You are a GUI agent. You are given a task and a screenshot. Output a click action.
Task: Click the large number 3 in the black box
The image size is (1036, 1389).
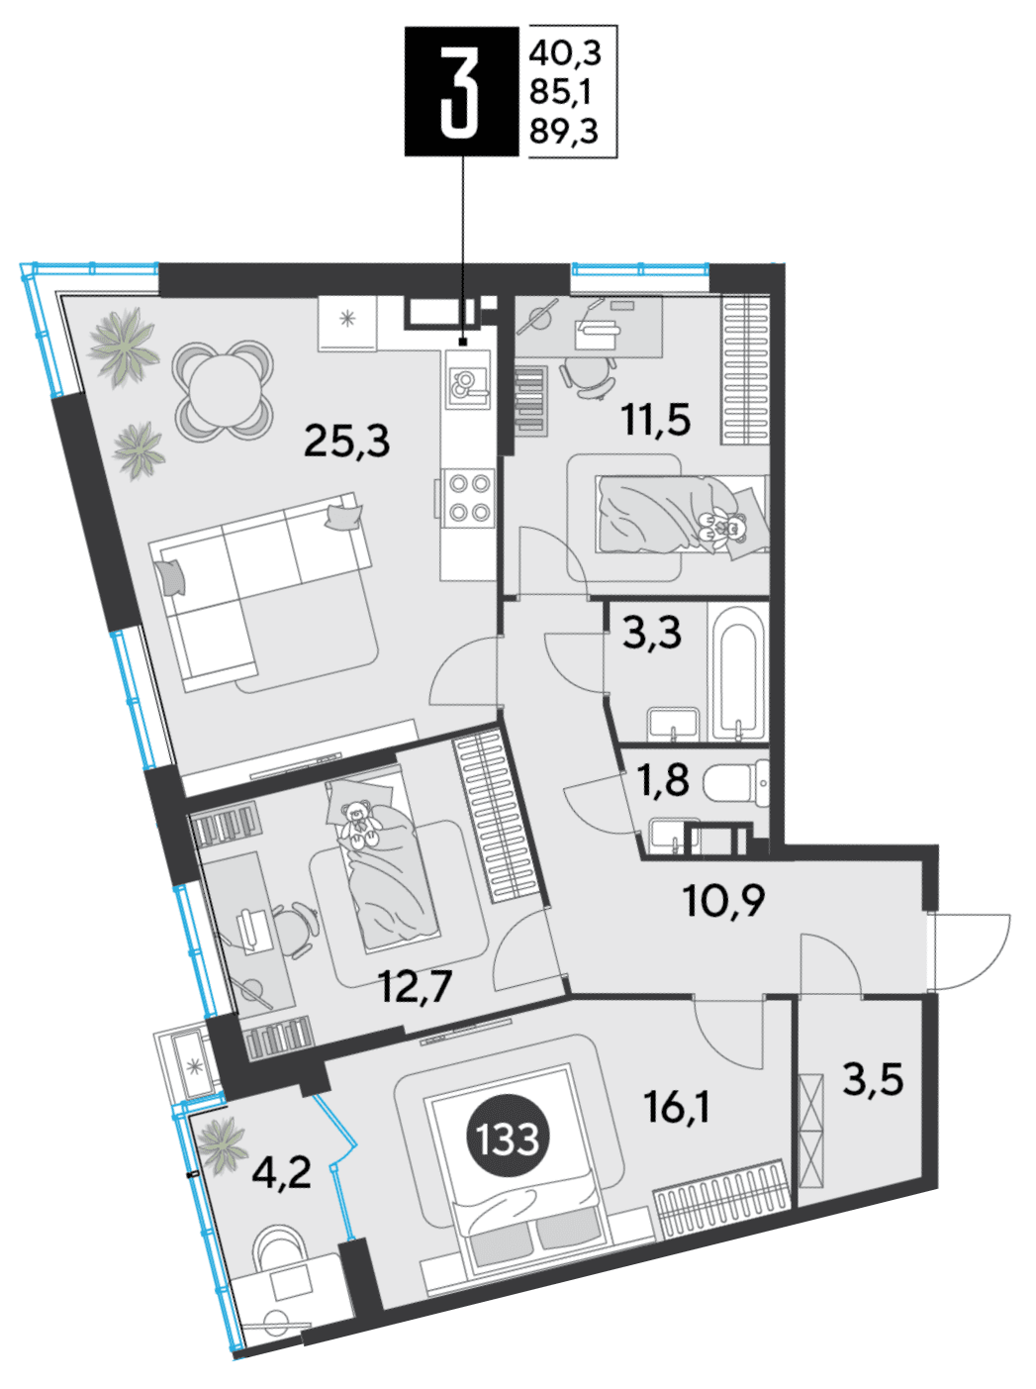click(460, 91)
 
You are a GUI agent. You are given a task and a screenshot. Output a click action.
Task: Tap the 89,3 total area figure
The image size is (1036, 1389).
click(564, 133)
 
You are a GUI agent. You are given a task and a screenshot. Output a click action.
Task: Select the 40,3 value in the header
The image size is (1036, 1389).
click(565, 53)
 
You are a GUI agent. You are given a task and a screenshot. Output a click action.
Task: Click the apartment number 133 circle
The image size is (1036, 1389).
click(508, 1138)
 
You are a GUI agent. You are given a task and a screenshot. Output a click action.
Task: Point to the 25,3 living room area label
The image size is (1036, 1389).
click(346, 441)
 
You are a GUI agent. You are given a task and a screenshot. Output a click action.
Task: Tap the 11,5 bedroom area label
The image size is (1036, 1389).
click(656, 419)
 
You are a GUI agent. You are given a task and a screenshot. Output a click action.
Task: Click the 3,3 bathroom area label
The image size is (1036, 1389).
click(652, 633)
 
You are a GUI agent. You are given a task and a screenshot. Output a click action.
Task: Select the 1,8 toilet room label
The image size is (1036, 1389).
click(664, 779)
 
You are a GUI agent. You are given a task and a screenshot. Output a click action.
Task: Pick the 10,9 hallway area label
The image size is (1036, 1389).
click(724, 901)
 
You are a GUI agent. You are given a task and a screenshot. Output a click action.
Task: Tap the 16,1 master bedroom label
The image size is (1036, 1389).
click(677, 1107)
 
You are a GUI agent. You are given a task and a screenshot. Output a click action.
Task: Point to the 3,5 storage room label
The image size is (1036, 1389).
click(873, 1079)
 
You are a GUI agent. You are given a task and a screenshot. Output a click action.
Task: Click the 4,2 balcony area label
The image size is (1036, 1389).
click(281, 1172)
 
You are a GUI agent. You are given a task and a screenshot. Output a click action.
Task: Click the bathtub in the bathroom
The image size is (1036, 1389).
click(737, 672)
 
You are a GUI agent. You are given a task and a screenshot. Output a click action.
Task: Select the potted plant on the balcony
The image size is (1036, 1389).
click(222, 1145)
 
